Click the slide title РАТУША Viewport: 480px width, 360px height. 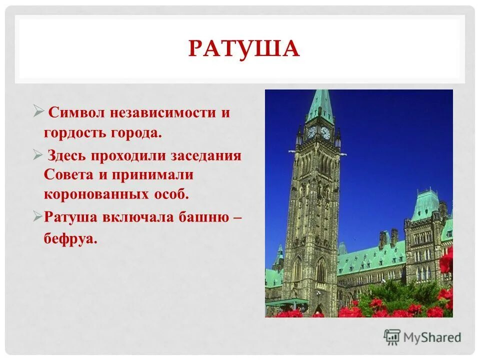point(243,48)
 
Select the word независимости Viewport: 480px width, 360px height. point(166,112)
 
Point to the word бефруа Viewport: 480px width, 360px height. point(70,239)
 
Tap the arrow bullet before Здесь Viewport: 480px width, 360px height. point(38,154)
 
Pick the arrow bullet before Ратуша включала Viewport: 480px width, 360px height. point(38,216)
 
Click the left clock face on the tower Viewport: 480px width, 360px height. point(311,132)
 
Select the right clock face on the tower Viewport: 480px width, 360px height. point(325,132)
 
